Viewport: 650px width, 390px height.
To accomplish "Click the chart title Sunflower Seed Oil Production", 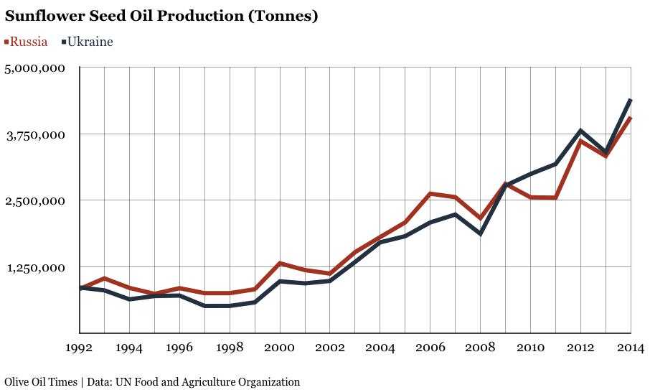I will (x=161, y=15).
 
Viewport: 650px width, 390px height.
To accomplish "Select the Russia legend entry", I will (x=27, y=42).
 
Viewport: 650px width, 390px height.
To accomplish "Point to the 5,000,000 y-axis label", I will (x=36, y=68).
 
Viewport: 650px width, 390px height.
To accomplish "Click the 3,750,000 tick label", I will (x=36, y=135).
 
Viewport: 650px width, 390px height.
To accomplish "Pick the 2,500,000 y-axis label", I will (x=36, y=201).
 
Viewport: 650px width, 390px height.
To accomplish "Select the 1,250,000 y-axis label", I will (x=36, y=268).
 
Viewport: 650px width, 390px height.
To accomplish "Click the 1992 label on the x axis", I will (x=80, y=348).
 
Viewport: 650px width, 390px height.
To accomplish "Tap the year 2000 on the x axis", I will (x=280, y=348).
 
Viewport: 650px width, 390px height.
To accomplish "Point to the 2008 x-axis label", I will (x=480, y=348).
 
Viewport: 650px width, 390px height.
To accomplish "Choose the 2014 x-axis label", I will (x=630, y=348).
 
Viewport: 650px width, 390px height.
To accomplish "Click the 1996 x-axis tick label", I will (x=179, y=348).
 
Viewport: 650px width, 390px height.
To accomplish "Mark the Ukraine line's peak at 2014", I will (x=630, y=100).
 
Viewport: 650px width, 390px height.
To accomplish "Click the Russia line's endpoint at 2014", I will (x=630, y=118).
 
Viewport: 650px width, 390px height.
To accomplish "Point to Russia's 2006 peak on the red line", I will (x=430, y=194).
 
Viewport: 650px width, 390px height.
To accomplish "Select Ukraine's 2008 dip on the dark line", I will (x=480, y=233).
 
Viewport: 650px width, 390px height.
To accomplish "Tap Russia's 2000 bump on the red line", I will (x=280, y=264).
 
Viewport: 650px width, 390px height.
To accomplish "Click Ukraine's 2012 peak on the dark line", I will (x=580, y=131).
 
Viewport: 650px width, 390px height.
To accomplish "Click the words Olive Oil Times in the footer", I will (x=41, y=382).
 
